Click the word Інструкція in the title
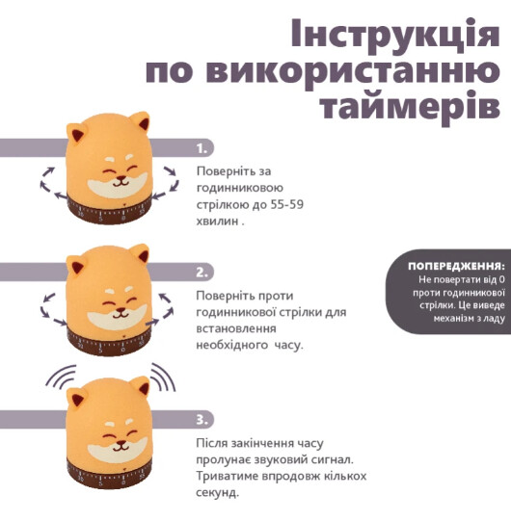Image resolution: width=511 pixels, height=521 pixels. (x=395, y=35)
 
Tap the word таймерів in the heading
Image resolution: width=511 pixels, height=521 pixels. (x=411, y=105)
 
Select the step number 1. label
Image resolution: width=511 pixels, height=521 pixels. (x=202, y=148)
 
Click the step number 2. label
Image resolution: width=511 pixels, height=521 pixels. (x=202, y=273)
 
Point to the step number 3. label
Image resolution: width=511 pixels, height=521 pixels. (x=202, y=420)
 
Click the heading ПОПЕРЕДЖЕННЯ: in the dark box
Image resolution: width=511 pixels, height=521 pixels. (x=456, y=266)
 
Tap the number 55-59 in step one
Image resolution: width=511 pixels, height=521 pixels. (x=286, y=204)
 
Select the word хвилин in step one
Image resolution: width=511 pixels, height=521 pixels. (x=217, y=221)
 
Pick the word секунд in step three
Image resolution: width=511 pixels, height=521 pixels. (x=217, y=492)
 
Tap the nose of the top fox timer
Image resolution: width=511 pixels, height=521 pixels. (x=121, y=179)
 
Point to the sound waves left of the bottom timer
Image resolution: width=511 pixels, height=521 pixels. (x=61, y=376)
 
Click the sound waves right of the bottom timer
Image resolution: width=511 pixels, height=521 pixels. (x=163, y=377)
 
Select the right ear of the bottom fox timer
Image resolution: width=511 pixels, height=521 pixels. (x=141, y=387)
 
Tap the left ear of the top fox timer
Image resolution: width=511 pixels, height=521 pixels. (x=75, y=134)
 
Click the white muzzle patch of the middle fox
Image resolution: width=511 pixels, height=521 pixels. (x=117, y=316)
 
